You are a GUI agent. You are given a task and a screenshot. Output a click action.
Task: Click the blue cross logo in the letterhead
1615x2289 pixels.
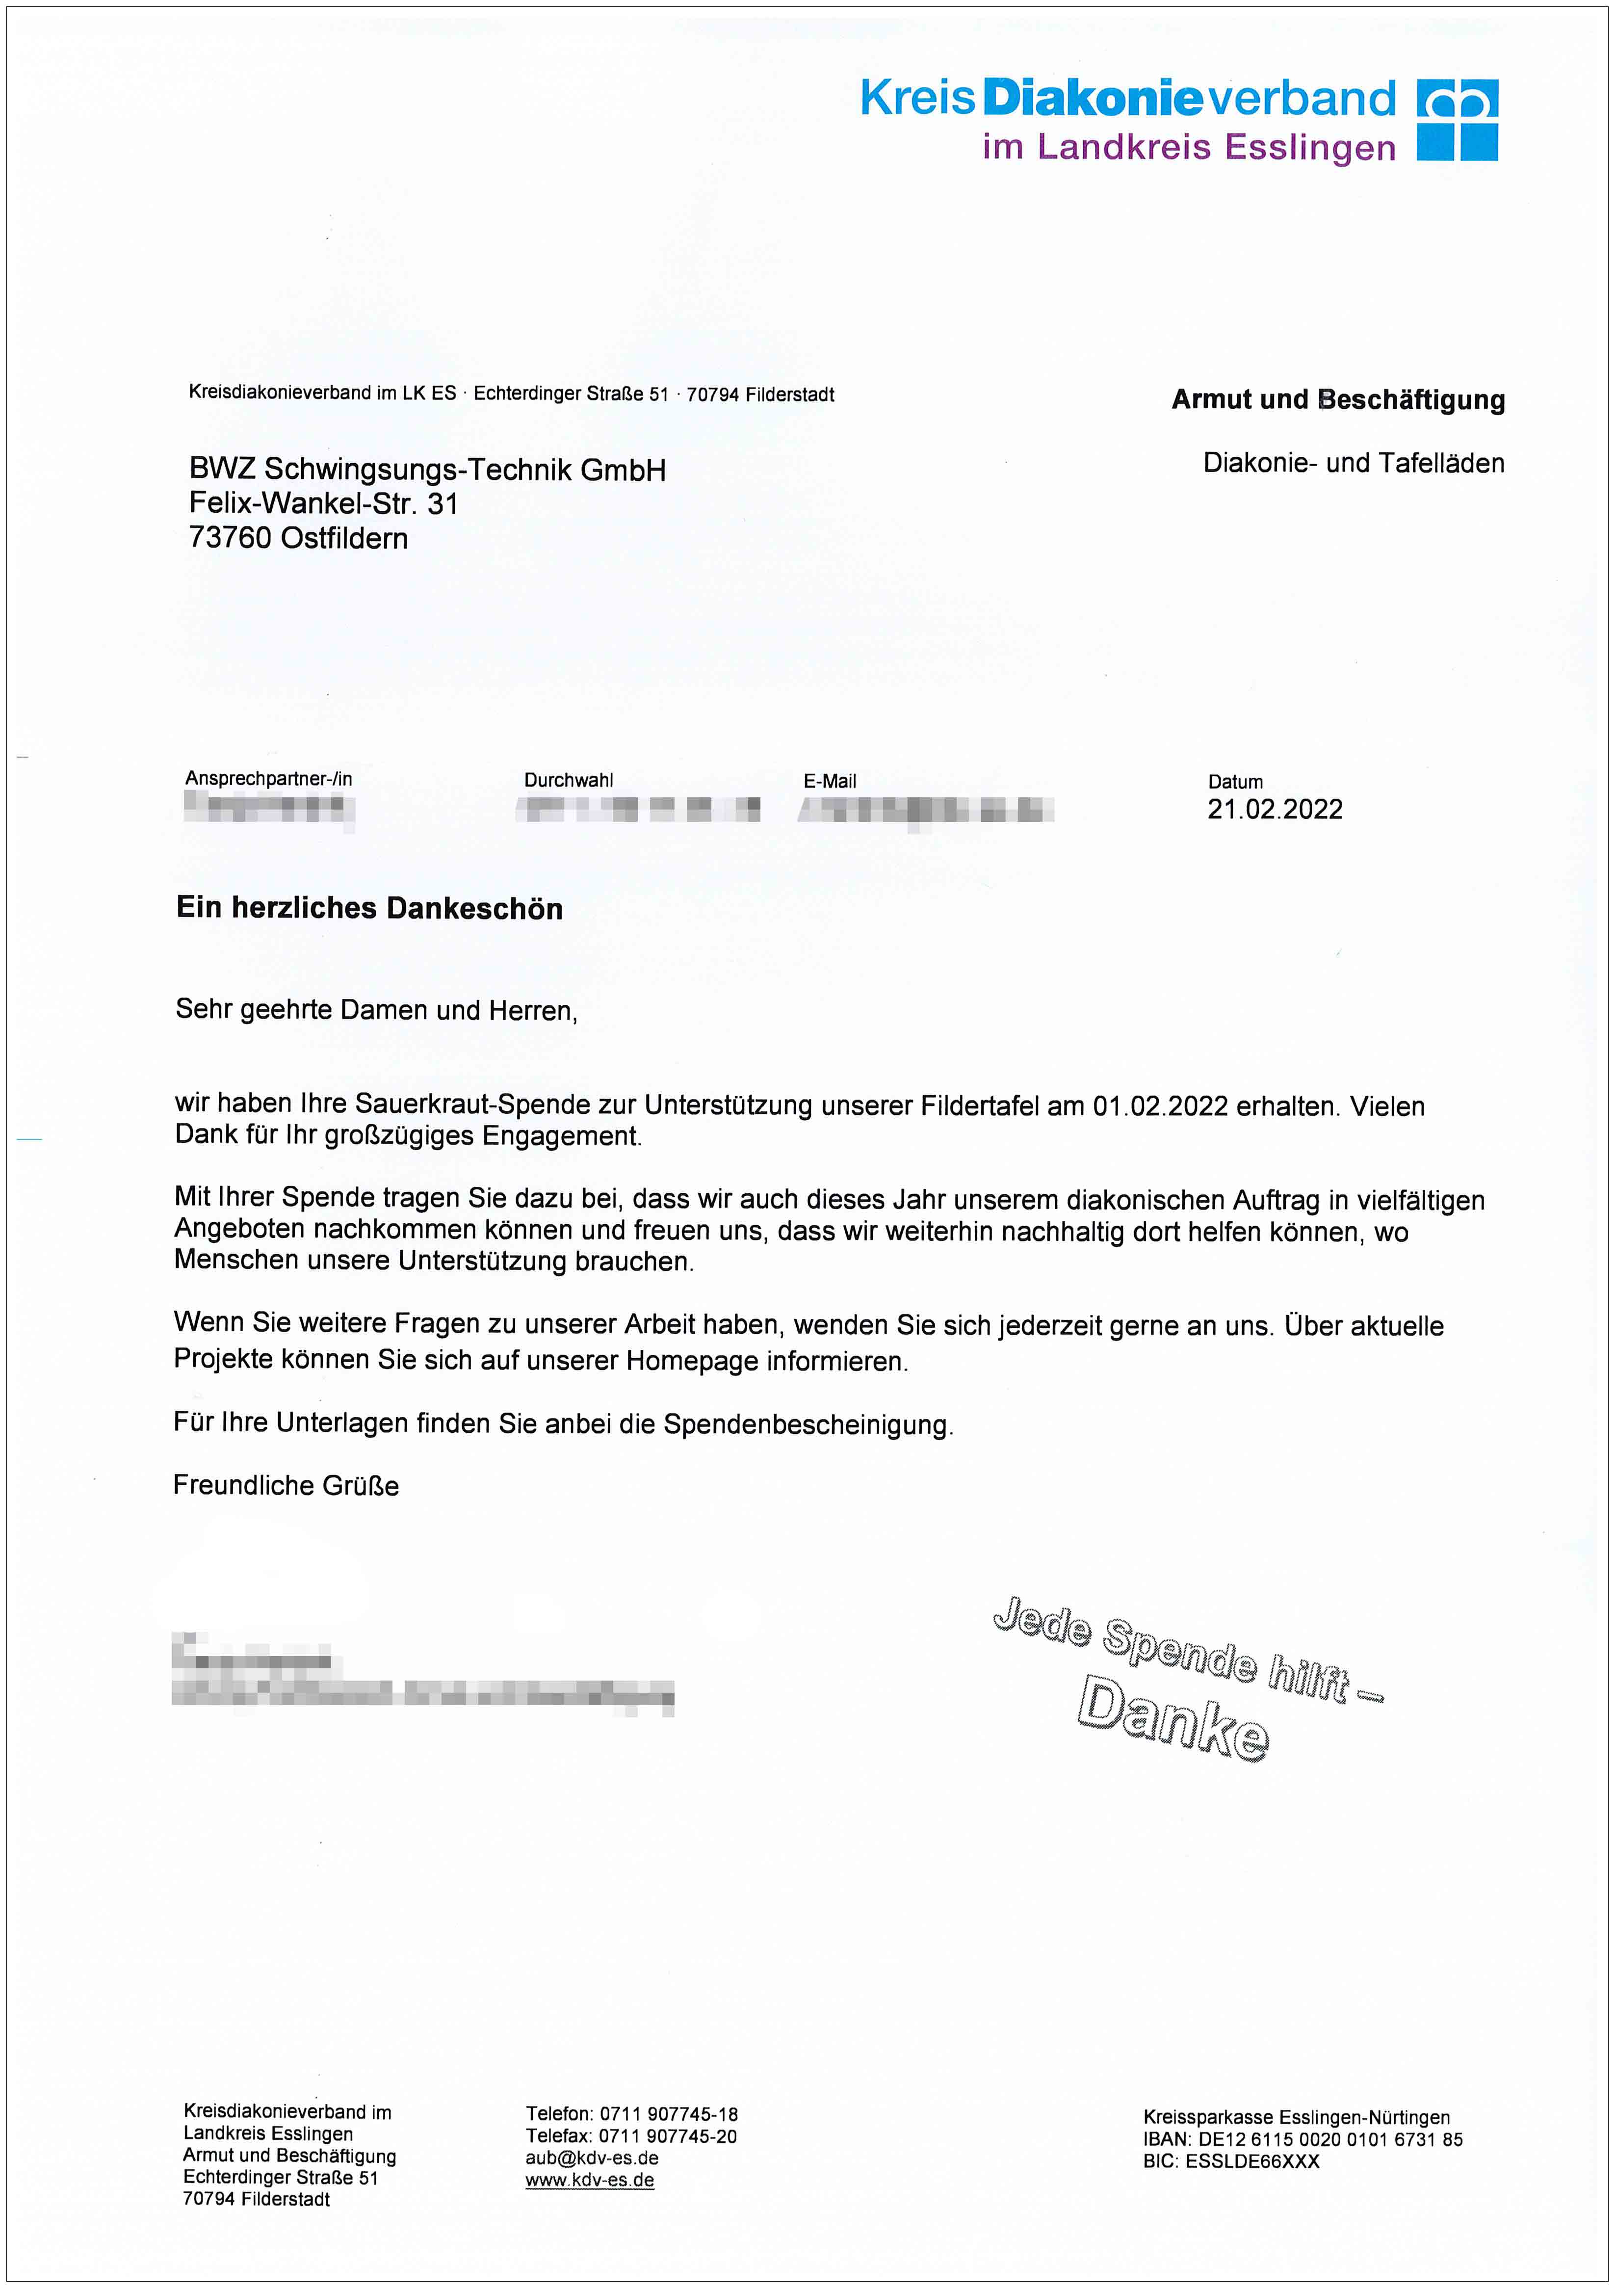pos(1458,121)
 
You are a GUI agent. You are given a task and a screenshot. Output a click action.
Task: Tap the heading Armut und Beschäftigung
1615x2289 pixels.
pos(1338,400)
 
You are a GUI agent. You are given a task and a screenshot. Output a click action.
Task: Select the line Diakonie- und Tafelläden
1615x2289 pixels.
pos(1353,463)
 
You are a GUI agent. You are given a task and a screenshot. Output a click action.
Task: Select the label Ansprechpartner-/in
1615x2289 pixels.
pos(268,779)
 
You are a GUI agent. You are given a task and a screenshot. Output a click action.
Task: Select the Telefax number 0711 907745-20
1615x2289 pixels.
pos(667,2136)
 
